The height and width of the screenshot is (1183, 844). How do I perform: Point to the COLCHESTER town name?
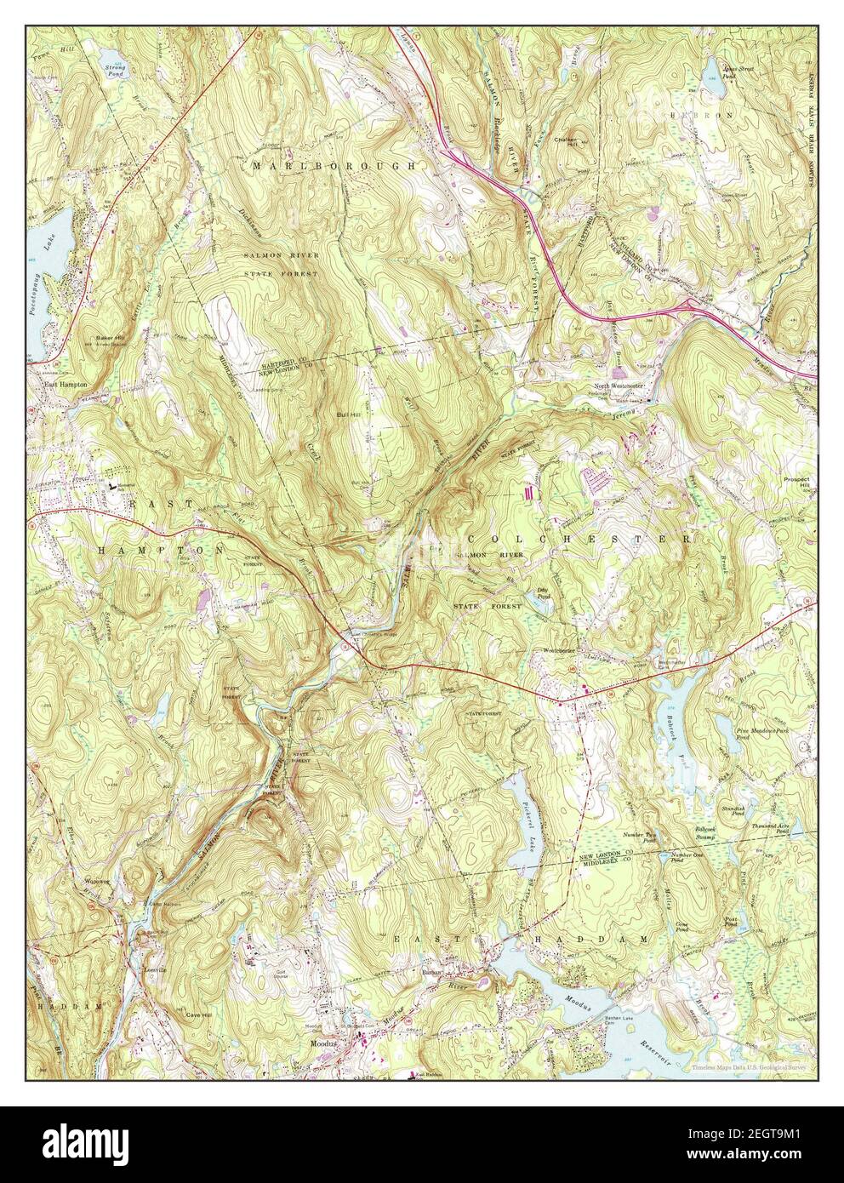tap(579, 540)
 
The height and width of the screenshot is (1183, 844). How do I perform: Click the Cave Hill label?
tap(197, 1014)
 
